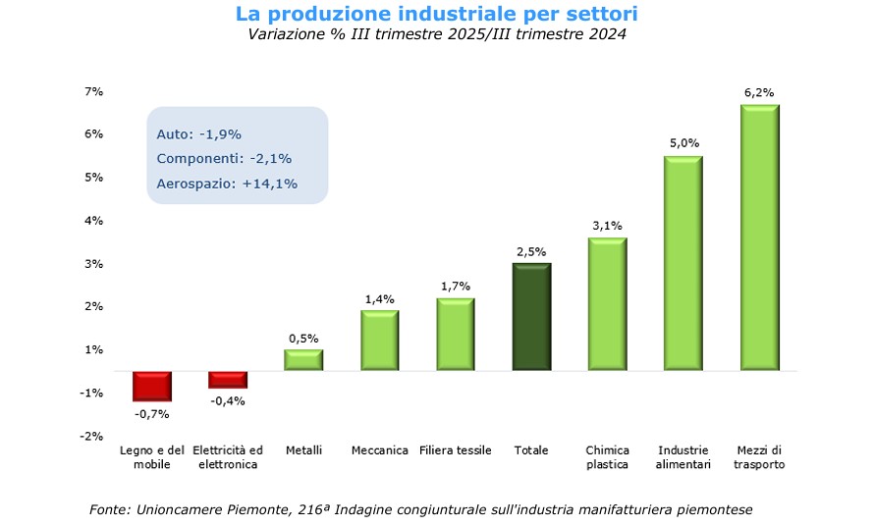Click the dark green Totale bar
point(531,316)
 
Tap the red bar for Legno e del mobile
point(152,386)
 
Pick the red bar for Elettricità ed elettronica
point(228,380)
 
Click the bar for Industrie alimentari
point(683,263)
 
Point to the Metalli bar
point(303,359)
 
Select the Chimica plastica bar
point(607,303)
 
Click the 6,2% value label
point(759,92)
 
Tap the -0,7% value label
point(152,414)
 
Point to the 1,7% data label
point(456,287)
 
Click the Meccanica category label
point(379,450)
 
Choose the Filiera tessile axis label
point(456,450)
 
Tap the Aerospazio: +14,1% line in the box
point(227,183)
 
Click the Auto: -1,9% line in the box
point(199,133)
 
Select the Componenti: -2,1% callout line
point(224,158)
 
